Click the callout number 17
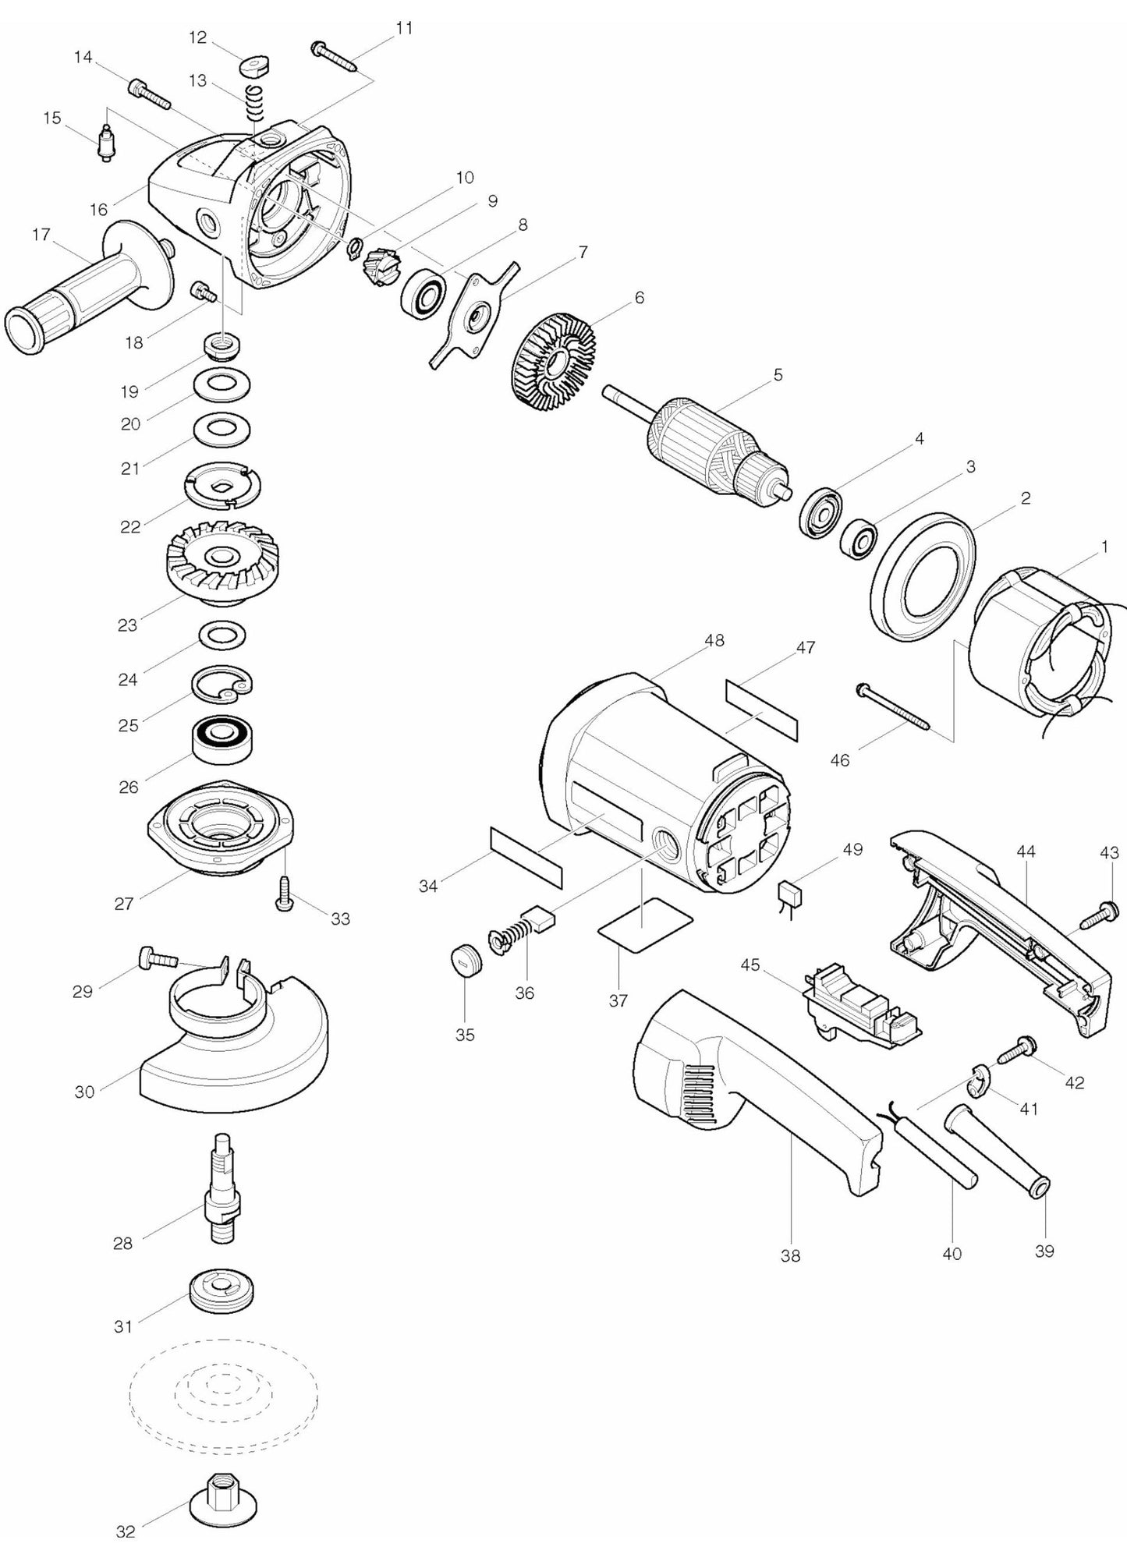41,234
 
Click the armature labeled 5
698,445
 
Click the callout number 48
714,640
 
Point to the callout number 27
124,904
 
